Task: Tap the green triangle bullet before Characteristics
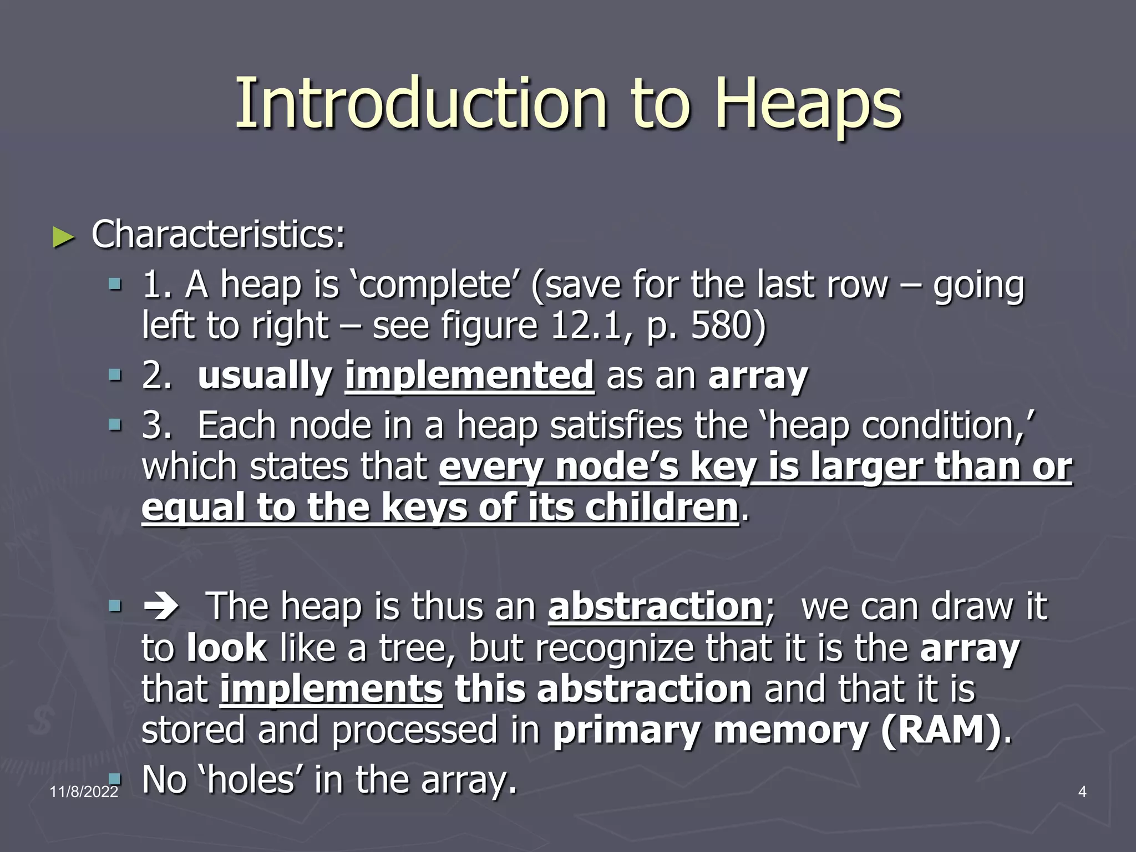pos(63,238)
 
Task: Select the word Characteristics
pos(217,235)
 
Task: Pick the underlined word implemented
pos(469,376)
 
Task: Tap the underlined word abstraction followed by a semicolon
pos(655,606)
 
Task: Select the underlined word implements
pos(331,689)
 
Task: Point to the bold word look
pos(227,648)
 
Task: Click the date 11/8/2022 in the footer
pos(84,792)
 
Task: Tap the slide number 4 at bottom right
pos(1082,792)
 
